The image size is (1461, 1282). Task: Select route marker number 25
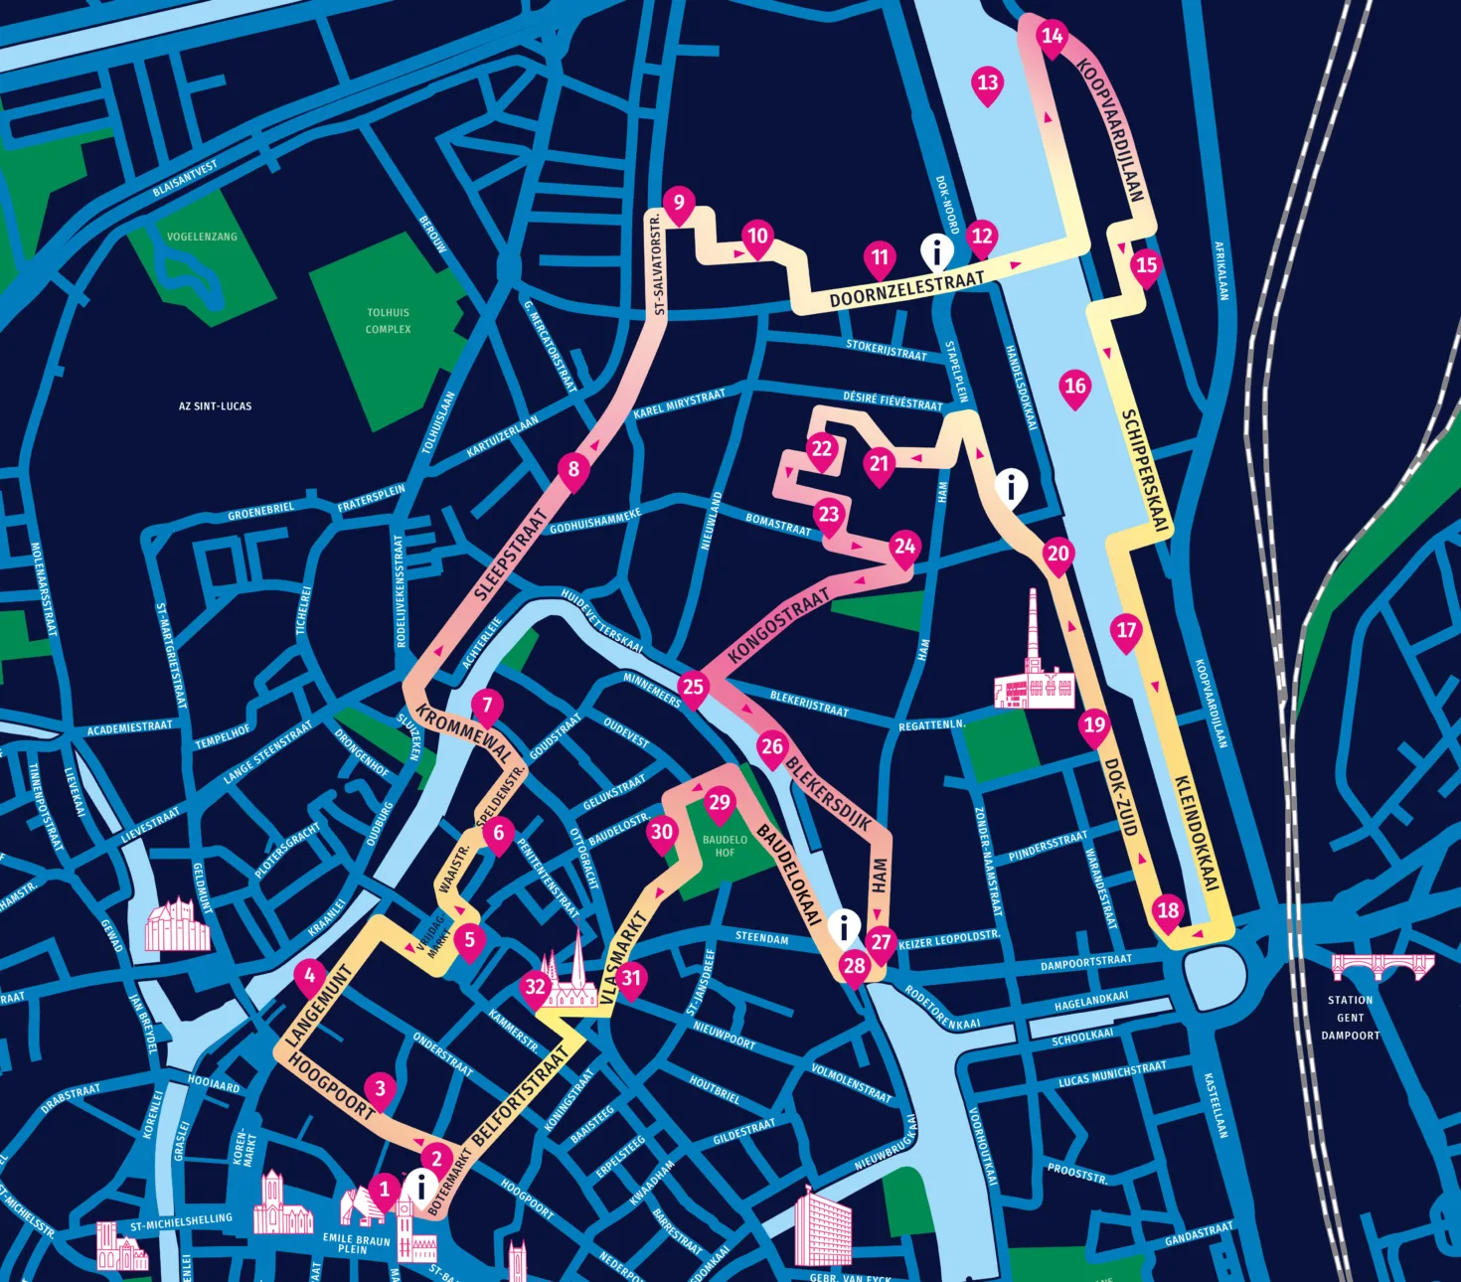pyautogui.click(x=693, y=688)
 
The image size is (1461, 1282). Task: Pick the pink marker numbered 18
pyautogui.click(x=1168, y=911)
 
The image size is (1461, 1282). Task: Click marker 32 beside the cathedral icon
pyautogui.click(x=535, y=988)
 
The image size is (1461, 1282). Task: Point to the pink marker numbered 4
pyautogui.click(x=310, y=977)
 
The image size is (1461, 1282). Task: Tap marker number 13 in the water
pyautogui.click(x=987, y=83)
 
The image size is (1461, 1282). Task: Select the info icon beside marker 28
pyautogui.click(x=844, y=926)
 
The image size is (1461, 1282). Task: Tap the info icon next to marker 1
pyautogui.click(x=421, y=1187)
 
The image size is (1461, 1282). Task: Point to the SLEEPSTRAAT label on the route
pyautogui.click(x=512, y=555)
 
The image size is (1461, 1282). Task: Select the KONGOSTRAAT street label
pyautogui.click(x=778, y=625)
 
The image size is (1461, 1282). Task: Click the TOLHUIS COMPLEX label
pyautogui.click(x=388, y=321)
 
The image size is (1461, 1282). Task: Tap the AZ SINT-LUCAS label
pyautogui.click(x=215, y=406)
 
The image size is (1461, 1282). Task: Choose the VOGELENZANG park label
pyautogui.click(x=202, y=237)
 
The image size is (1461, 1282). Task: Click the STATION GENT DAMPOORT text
pyautogui.click(x=1350, y=1018)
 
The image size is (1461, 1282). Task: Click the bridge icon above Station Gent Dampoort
pyautogui.click(x=1382, y=966)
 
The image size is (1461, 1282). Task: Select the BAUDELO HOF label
pyautogui.click(x=725, y=846)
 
